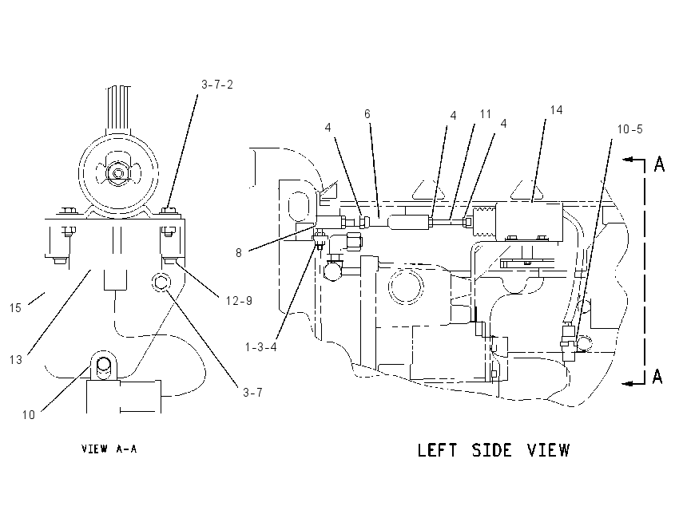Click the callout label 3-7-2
[217, 85]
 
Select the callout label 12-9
[239, 301]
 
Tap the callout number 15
[15, 308]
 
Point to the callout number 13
[16, 359]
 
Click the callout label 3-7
[252, 393]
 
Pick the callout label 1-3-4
[260, 347]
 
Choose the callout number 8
[239, 253]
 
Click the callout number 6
[367, 114]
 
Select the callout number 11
[486, 114]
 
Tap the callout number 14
[556, 110]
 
